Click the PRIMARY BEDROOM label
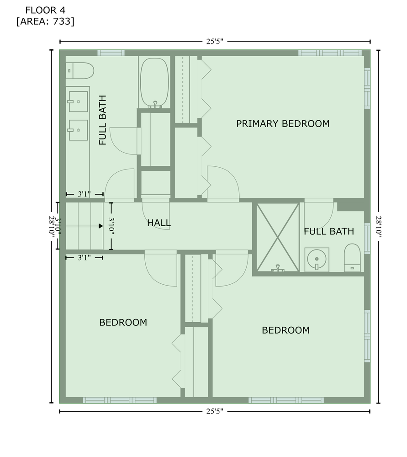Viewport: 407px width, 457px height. point(283,123)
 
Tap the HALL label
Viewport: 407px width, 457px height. point(159,223)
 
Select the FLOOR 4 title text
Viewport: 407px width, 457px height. point(45,10)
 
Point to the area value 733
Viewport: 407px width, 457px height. point(62,21)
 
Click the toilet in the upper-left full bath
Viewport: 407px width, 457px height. point(79,70)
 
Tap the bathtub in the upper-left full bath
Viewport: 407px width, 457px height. point(154,83)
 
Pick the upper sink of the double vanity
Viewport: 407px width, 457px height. point(78,101)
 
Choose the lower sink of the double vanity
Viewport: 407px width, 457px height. point(78,130)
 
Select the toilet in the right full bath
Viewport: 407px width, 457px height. point(352,258)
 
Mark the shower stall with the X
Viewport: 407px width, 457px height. point(278,238)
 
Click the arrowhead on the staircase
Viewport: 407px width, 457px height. point(101,226)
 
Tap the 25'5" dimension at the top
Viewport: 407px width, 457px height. point(215,42)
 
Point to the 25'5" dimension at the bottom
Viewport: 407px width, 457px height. point(215,411)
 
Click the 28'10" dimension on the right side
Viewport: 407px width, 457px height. point(378,226)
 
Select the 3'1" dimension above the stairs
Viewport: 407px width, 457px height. point(84,194)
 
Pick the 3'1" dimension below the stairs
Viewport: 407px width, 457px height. point(84,258)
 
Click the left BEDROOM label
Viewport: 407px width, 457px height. point(123,322)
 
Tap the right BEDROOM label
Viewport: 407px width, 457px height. point(286,330)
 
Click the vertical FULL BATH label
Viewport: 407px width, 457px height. point(103,120)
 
